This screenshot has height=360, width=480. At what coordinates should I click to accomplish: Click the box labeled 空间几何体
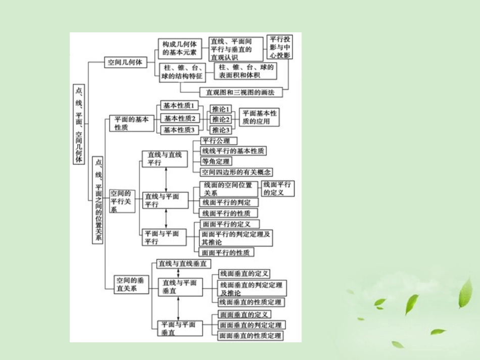(x=125, y=63)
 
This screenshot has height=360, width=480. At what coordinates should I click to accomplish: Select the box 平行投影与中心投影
(x=279, y=47)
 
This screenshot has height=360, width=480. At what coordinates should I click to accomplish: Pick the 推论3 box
(x=221, y=130)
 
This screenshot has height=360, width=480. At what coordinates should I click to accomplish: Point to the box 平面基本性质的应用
(x=258, y=117)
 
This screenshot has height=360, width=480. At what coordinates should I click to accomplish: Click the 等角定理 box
(x=216, y=162)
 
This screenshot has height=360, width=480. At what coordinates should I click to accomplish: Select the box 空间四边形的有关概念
(x=236, y=172)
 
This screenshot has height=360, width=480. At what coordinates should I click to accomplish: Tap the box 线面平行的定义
(x=277, y=188)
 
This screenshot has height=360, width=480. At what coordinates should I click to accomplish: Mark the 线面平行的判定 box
(x=226, y=202)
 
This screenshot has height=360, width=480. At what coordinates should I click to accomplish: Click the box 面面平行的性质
(x=226, y=252)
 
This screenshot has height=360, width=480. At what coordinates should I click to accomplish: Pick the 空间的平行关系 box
(x=121, y=201)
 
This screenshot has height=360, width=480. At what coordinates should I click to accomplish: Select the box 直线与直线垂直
(x=184, y=264)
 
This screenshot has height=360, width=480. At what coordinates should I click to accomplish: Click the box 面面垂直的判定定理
(x=251, y=325)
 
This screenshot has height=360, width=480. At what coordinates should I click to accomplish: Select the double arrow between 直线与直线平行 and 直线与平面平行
(x=166, y=180)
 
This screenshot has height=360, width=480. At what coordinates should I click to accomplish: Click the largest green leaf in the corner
(x=465, y=293)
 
